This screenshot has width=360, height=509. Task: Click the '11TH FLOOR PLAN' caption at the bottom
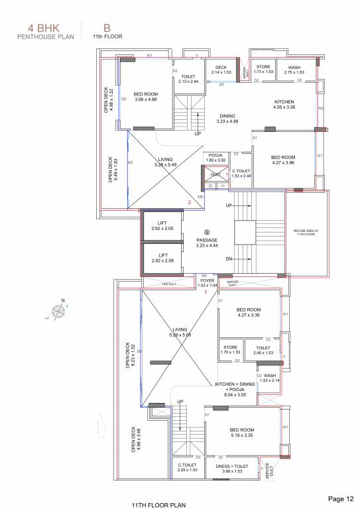157,504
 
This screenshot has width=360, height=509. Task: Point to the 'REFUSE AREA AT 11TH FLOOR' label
306,233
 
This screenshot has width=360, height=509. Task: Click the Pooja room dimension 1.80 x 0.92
215,158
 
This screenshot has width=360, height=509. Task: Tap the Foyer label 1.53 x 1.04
208,283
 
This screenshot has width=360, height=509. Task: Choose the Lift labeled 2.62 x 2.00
161,226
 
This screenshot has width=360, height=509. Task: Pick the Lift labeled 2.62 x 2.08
161,256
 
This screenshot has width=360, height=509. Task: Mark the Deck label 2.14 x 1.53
220,69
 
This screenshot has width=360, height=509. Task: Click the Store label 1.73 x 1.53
263,69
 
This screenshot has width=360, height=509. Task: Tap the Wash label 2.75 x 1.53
294,69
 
